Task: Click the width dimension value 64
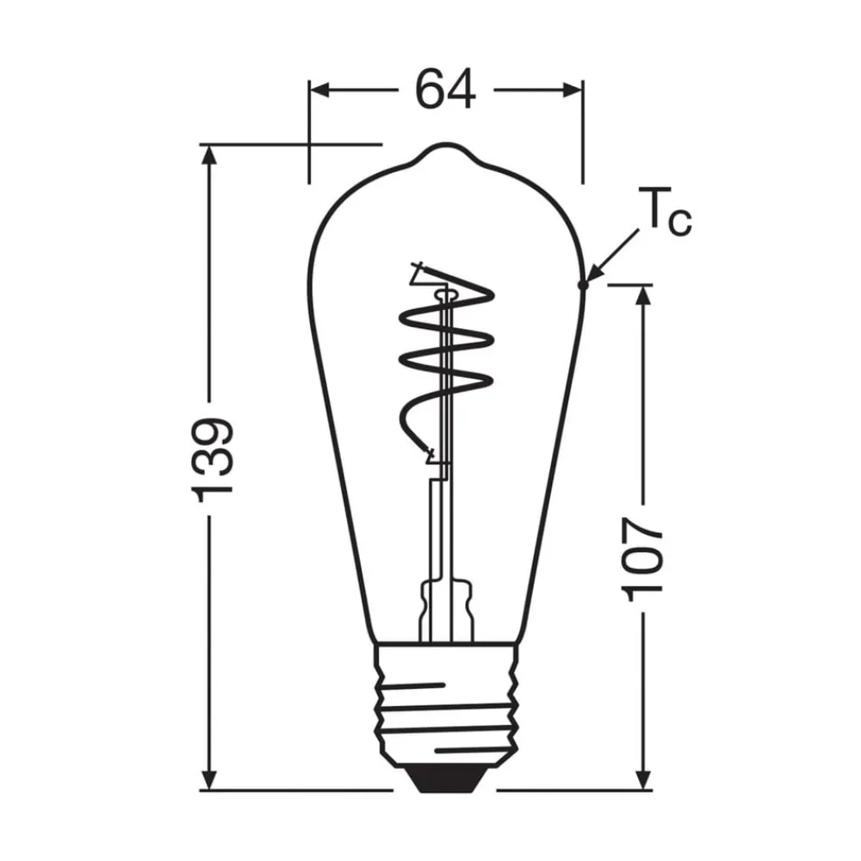[445, 89]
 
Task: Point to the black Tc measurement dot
[583, 283]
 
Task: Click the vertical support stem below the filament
[438, 525]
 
